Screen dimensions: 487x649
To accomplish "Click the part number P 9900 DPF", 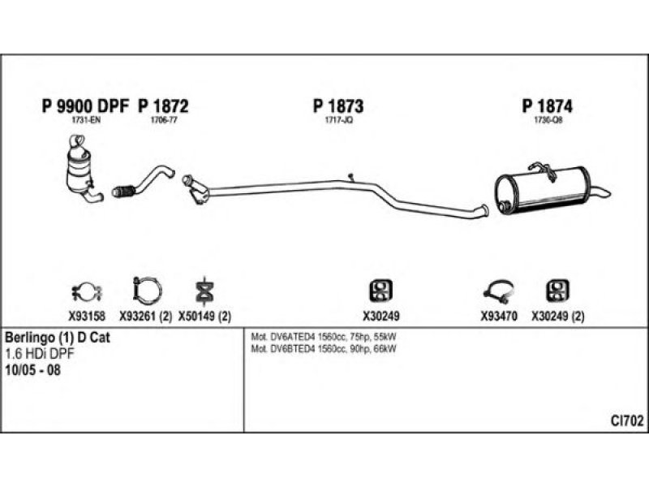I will pos(84,106).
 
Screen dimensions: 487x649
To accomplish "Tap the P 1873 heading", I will pos(337,106).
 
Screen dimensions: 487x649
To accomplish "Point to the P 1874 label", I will pos(548,106).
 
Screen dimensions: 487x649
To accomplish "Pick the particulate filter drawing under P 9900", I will pos(84,169).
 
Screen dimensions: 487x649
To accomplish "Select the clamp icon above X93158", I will pos(83,290).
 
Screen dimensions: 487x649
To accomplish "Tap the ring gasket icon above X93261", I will pos(146,289).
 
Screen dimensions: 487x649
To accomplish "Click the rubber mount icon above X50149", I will pos(204,290).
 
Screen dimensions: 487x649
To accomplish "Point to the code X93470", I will pos(499,316).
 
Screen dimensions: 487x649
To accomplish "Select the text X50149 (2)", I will pos(204,316).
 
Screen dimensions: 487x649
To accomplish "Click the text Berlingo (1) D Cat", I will pos(57,337).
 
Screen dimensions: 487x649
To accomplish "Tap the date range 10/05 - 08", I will pos(32,370).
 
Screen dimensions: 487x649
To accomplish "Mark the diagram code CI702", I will pos(627,420).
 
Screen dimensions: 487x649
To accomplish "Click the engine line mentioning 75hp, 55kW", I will pos(324,336).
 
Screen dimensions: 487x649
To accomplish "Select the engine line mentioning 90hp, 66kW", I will pos(324,349).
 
